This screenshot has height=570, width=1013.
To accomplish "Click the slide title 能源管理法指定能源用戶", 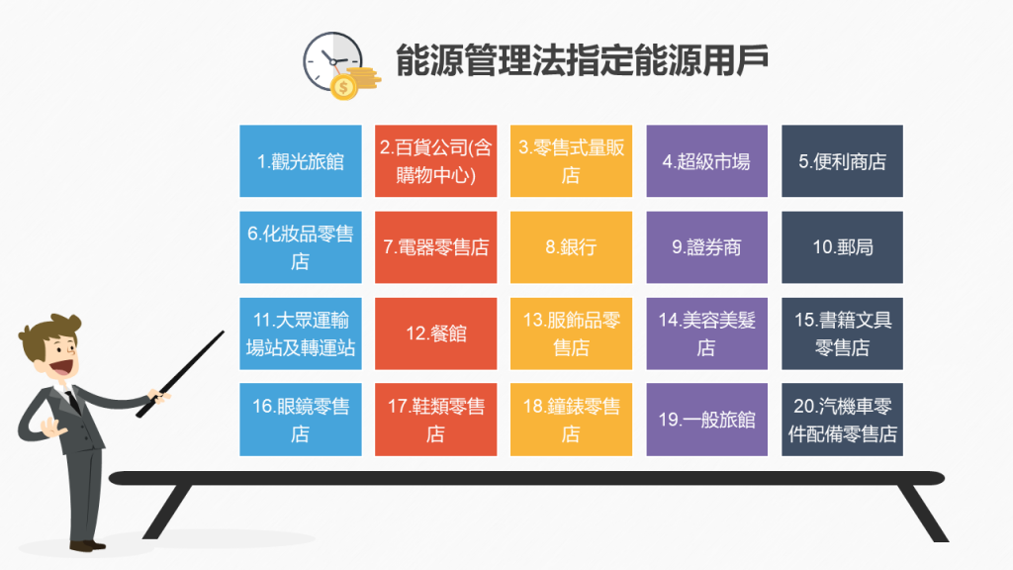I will tap(582, 60).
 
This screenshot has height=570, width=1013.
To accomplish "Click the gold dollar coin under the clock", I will tap(345, 88).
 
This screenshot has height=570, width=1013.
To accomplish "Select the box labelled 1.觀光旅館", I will tap(301, 161).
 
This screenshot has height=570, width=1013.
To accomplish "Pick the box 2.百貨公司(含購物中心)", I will tap(435, 161).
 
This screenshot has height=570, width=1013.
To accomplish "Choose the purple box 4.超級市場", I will tap(706, 161).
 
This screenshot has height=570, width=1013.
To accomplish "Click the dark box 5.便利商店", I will tap(842, 161).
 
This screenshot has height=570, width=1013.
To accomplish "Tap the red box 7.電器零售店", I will tap(435, 247).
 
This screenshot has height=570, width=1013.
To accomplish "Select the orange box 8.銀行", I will tap(571, 247).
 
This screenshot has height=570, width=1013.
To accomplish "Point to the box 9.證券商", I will tap(706, 247).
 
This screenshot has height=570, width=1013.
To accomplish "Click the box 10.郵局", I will tap(842, 247).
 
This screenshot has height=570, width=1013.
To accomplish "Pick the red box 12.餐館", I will tap(435, 333).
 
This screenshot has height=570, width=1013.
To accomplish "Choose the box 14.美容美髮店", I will tap(706, 333).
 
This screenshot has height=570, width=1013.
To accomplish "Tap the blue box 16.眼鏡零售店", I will tap(301, 420).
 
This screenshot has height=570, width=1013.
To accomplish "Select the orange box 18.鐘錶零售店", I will tap(571, 420).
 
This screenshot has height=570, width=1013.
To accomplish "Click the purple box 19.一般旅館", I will tap(706, 420).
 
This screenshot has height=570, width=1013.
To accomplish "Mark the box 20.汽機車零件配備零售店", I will tap(842, 420).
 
